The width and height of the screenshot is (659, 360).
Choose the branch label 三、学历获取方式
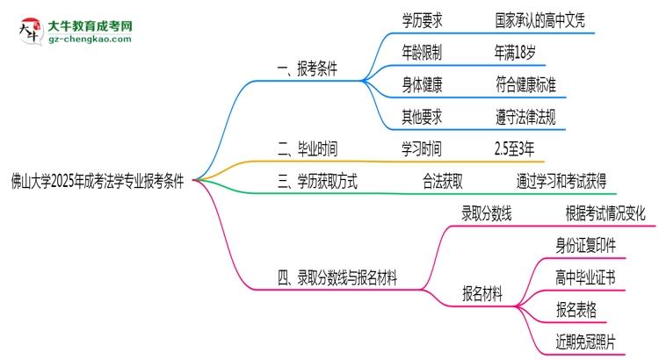(316, 182)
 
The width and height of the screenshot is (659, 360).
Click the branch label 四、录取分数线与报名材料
(337, 279)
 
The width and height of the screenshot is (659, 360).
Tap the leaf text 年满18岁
(515, 53)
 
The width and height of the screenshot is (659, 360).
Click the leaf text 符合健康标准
(525, 84)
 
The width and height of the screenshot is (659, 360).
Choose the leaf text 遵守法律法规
(525, 116)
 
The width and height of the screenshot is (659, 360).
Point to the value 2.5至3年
(514, 148)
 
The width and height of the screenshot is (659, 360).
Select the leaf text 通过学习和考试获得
(561, 182)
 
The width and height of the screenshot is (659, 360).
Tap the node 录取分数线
(487, 212)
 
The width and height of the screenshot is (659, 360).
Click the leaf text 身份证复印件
(586, 244)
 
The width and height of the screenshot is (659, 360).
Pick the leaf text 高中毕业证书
(586, 276)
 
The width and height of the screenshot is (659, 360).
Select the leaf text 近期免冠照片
(586, 339)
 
